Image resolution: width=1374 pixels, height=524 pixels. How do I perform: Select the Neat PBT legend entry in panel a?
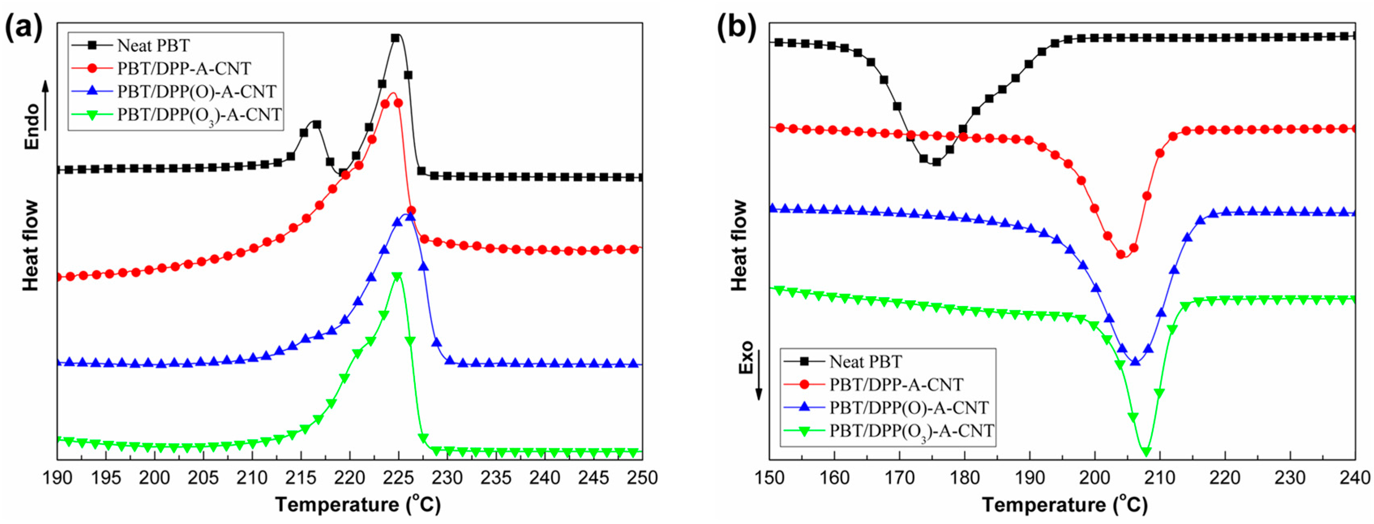click(153, 46)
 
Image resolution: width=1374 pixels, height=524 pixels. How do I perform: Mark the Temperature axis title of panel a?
click(358, 504)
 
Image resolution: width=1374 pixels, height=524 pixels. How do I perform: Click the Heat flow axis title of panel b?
click(740, 245)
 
